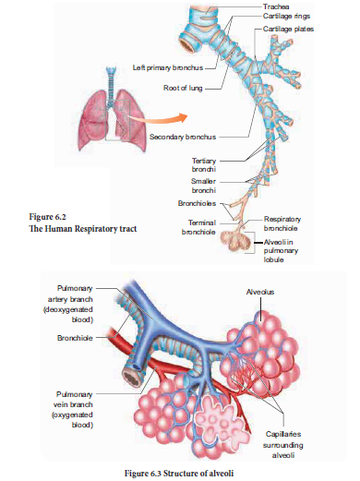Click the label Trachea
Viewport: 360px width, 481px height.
[276, 6]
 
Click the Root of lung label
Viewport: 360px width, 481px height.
[183, 90]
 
